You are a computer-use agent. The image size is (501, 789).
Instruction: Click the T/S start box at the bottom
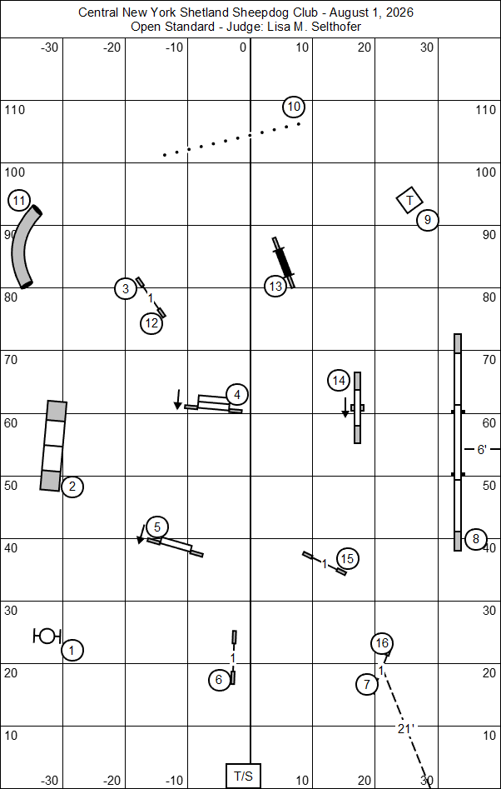point(243,776)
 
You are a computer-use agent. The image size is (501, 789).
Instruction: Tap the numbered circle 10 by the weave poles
point(294,107)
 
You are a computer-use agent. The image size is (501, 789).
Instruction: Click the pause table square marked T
point(409,200)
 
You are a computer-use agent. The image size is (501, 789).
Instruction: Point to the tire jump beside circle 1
point(47,636)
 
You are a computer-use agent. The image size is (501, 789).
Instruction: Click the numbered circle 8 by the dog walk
point(476,540)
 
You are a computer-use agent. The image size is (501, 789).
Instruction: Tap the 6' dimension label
point(481,450)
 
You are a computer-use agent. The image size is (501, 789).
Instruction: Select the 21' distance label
point(405,729)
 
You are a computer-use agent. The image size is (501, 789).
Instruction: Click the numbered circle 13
point(275,287)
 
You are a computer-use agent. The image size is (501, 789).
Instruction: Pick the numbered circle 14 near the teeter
point(339,381)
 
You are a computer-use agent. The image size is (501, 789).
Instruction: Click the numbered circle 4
point(237,395)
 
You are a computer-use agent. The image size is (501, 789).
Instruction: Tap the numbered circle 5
point(157,527)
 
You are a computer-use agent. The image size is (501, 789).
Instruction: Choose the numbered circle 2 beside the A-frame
point(72,487)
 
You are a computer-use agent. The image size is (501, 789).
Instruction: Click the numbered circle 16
point(382,643)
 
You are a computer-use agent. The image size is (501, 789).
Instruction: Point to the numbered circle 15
point(348,558)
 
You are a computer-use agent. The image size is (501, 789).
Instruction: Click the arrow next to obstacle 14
point(345,407)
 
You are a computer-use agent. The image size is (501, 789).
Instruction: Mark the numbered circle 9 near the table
point(428,220)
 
